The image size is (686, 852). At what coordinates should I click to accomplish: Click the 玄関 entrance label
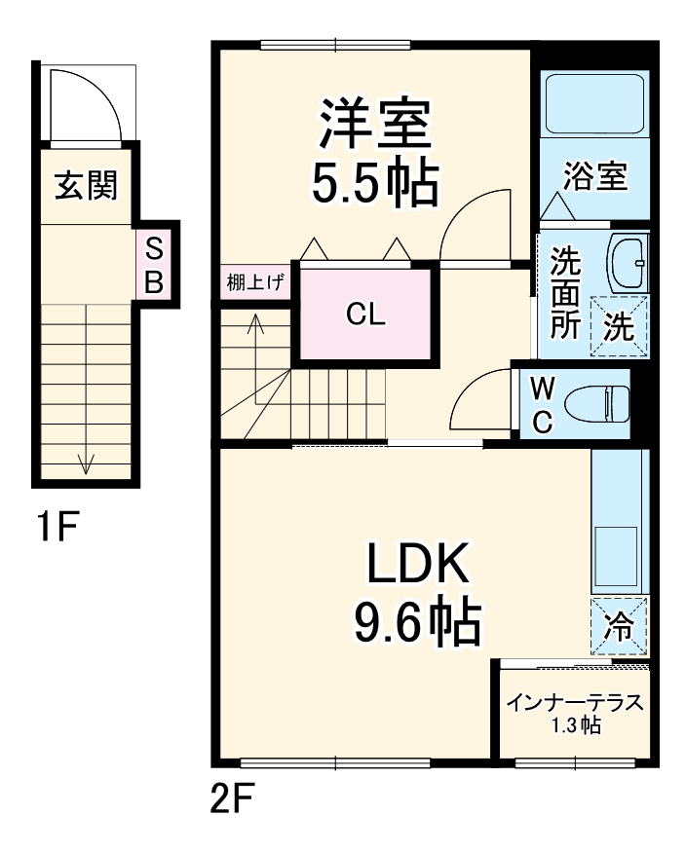coord(86,184)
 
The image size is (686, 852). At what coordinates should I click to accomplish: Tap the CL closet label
coord(364,315)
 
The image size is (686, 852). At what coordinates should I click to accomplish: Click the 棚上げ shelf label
coord(255,284)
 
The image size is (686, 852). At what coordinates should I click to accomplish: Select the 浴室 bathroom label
coord(594,177)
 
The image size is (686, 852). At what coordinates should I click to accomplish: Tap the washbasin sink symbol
coord(629,261)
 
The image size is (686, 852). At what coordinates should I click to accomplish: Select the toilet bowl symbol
coord(605,402)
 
